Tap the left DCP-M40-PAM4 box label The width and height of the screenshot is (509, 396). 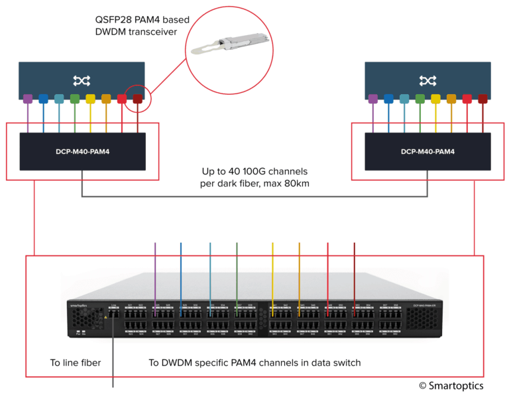[82, 151]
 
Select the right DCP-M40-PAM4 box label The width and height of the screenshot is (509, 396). [427, 151]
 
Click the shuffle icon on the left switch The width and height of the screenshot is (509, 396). [82, 80]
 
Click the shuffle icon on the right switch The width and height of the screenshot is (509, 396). [427, 80]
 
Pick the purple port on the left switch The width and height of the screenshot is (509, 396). [27, 99]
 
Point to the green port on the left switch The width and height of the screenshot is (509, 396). [75, 99]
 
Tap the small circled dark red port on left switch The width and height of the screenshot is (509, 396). [138, 99]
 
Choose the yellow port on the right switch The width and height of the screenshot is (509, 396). [435, 99]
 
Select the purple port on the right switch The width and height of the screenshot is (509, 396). [372, 99]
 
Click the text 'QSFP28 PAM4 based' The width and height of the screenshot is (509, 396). [142, 19]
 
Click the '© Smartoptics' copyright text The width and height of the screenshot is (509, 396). [451, 385]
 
